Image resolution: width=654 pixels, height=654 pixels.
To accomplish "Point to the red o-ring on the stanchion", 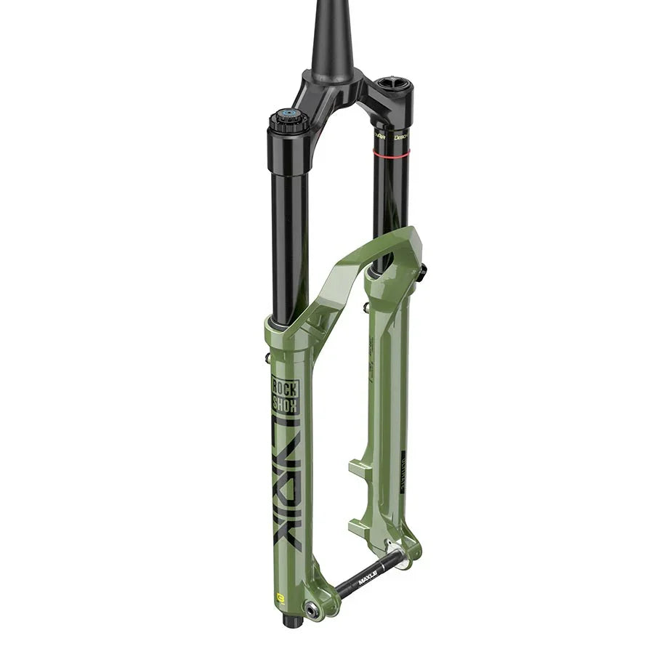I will pos(392,153).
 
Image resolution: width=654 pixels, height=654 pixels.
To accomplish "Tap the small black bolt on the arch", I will pos(422,270).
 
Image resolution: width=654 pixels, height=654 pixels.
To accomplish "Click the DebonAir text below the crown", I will pos(400,135).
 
